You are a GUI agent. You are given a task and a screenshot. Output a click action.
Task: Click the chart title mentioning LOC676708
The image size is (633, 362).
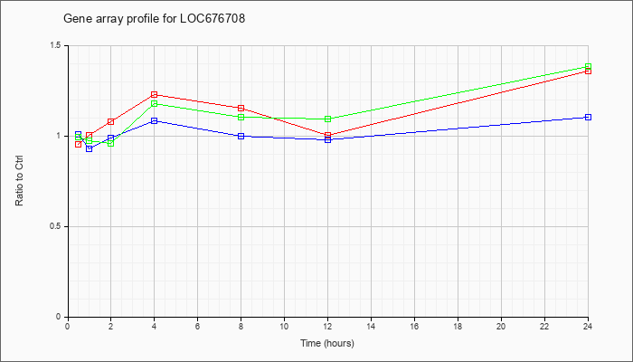coord(155,19)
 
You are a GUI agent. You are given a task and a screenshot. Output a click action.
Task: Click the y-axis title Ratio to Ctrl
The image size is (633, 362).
coord(19,181)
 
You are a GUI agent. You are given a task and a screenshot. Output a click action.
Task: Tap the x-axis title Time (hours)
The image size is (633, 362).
coord(327,343)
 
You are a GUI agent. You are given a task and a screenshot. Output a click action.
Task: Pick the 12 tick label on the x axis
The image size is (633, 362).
coord(327,326)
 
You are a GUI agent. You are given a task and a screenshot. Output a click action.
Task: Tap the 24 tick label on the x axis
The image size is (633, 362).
coord(588,326)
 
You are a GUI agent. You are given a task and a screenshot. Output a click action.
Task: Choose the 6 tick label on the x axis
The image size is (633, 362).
coord(197,326)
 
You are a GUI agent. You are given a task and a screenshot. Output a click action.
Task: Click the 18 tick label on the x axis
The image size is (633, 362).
coord(458,326)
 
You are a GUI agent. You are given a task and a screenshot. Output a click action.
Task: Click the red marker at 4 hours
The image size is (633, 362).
coord(155,94)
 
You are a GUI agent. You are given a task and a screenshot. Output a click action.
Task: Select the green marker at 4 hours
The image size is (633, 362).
coord(155,104)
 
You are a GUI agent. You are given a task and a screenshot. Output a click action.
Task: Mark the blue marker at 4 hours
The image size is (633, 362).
coord(155,120)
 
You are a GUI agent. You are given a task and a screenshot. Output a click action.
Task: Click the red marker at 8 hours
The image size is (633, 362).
coord(241,109)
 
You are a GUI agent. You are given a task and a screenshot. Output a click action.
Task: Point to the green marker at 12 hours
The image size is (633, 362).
coord(327,119)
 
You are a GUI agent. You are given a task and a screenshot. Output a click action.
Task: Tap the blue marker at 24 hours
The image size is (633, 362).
coord(588,117)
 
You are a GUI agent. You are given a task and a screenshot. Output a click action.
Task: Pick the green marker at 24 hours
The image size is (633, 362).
coord(588,66)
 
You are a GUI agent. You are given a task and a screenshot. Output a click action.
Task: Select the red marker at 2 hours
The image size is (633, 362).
coord(111,121)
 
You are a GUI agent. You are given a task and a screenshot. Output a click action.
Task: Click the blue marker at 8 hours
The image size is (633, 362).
coord(241,136)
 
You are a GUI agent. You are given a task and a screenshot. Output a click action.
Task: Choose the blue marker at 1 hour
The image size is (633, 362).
coord(90,149)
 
